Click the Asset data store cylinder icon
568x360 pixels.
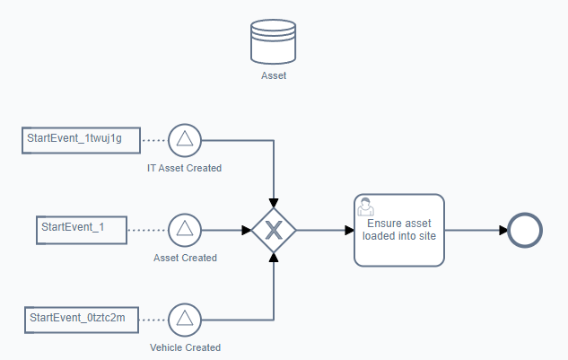pyautogui.click(x=273, y=41)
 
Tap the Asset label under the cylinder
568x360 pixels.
pyautogui.click(x=274, y=75)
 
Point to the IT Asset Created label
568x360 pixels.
pyautogui.click(x=184, y=168)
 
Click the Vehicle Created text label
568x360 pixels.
pyautogui.click(x=185, y=347)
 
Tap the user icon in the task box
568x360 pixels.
pyautogui.click(x=365, y=206)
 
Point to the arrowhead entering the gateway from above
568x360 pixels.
pyautogui.click(x=274, y=203)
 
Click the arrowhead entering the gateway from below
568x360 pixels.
pyautogui.click(x=274, y=258)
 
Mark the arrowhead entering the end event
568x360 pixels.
pyautogui.click(x=503, y=230)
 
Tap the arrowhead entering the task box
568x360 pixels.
pyautogui.click(x=350, y=230)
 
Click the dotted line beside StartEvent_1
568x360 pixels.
pyautogui.click(x=147, y=230)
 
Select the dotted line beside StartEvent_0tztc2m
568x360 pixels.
pyautogui.click(x=153, y=320)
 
